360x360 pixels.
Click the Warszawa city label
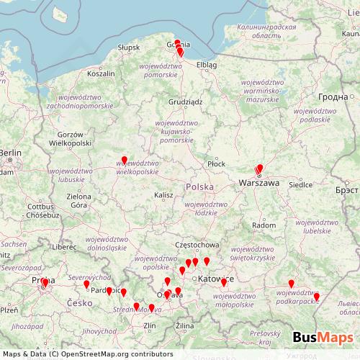click(258, 184)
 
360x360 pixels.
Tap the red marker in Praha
click(45, 282)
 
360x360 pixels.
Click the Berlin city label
click(12, 153)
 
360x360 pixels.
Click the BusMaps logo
click(323, 338)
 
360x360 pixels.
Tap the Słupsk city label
click(128, 48)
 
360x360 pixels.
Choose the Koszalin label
click(101, 73)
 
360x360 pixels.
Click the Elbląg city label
click(207, 65)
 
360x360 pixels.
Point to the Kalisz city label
click(163, 195)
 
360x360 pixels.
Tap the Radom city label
click(264, 225)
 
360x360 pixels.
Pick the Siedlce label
click(302, 184)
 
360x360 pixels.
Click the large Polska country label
click(199, 187)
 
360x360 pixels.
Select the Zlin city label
click(150, 326)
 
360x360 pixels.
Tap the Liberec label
click(63, 247)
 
